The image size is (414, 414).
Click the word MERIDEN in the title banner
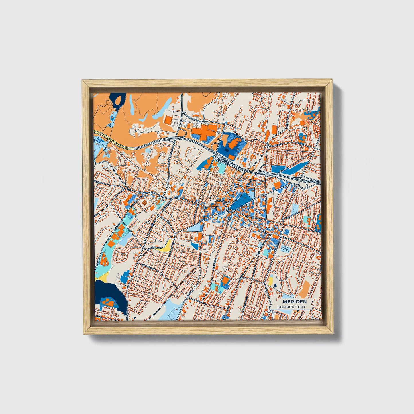pos(295,302)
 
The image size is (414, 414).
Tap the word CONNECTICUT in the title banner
pos(291,307)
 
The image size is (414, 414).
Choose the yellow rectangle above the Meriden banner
pos(270,281)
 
